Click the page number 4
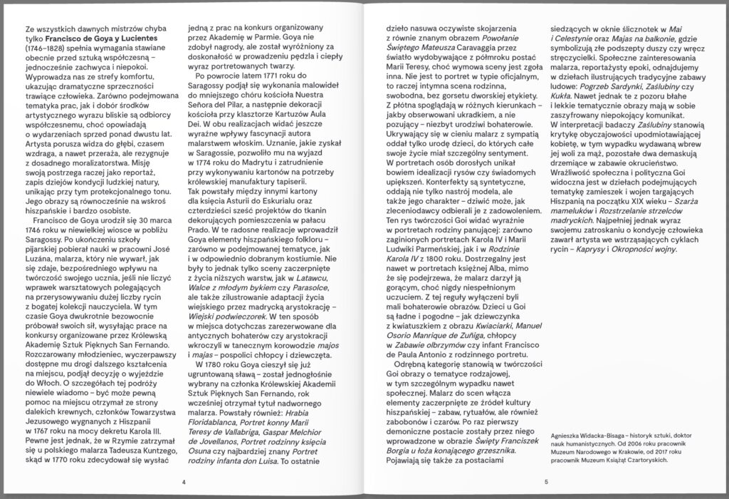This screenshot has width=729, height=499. pyautogui.click(x=184, y=483)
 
